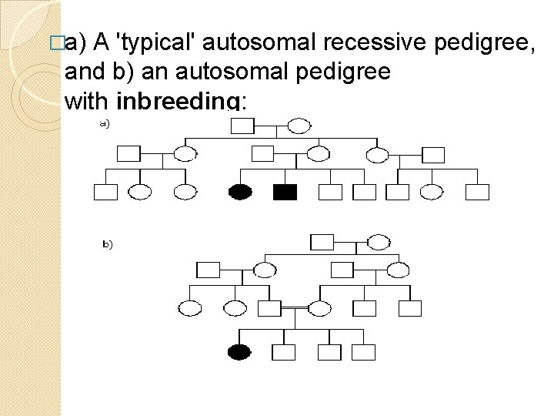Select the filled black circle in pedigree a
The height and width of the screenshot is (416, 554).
(241, 192)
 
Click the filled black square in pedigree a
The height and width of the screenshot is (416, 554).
(285, 192)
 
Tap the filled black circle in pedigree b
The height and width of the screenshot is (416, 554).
(239, 352)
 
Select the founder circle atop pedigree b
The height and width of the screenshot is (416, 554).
(378, 242)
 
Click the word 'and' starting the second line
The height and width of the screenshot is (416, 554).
(82, 72)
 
